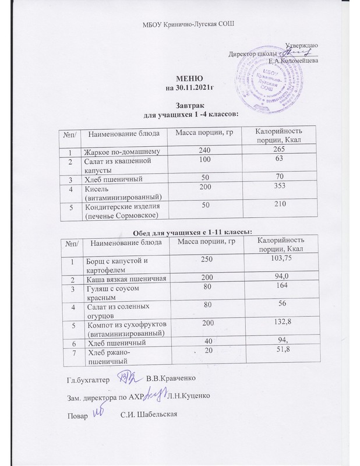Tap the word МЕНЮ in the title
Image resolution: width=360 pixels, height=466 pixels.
point(189,79)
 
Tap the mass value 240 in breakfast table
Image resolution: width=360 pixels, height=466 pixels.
point(204,150)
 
